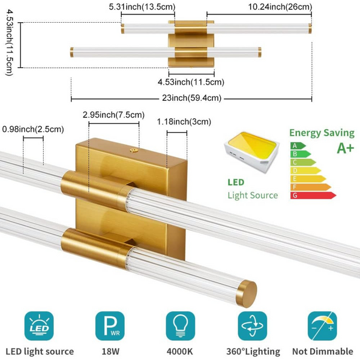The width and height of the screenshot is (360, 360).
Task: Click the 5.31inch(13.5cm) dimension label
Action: [142, 7]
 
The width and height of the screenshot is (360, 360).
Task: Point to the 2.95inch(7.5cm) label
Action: [113, 115]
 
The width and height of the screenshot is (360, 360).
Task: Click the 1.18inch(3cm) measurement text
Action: [184, 122]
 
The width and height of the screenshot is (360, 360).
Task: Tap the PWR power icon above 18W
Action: [110, 325]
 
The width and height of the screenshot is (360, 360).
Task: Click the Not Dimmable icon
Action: [322, 325]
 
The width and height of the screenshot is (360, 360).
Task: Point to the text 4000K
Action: [181, 351]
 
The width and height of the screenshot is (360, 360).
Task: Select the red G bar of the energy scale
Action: [313, 195]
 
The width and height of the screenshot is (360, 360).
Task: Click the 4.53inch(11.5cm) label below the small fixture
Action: [191, 82]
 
